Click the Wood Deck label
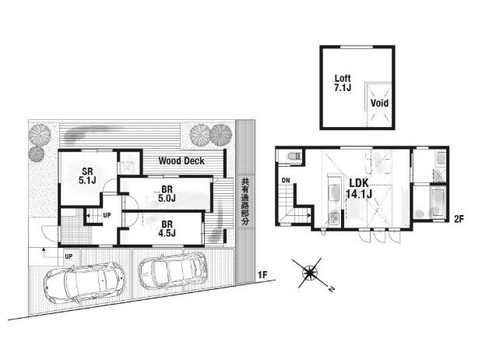tap(181, 161)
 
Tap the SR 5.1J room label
tap(87, 175)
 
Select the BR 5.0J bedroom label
tap(167, 194)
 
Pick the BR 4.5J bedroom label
tap(167, 228)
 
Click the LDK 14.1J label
tap(359, 189)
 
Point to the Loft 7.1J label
tap(343, 83)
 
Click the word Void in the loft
tap(379, 103)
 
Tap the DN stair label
tap(286, 180)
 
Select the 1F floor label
tap(262, 275)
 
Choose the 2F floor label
tap(459, 219)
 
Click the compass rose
tap(310, 273)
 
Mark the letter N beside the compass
tap(331, 289)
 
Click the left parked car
tap(84, 282)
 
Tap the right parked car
tap(173, 270)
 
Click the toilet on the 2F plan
tap(294, 155)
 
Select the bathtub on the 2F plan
tap(438, 203)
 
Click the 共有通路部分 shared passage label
tap(245, 202)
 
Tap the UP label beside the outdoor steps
tap(69, 256)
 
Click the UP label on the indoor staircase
tap(107, 215)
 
